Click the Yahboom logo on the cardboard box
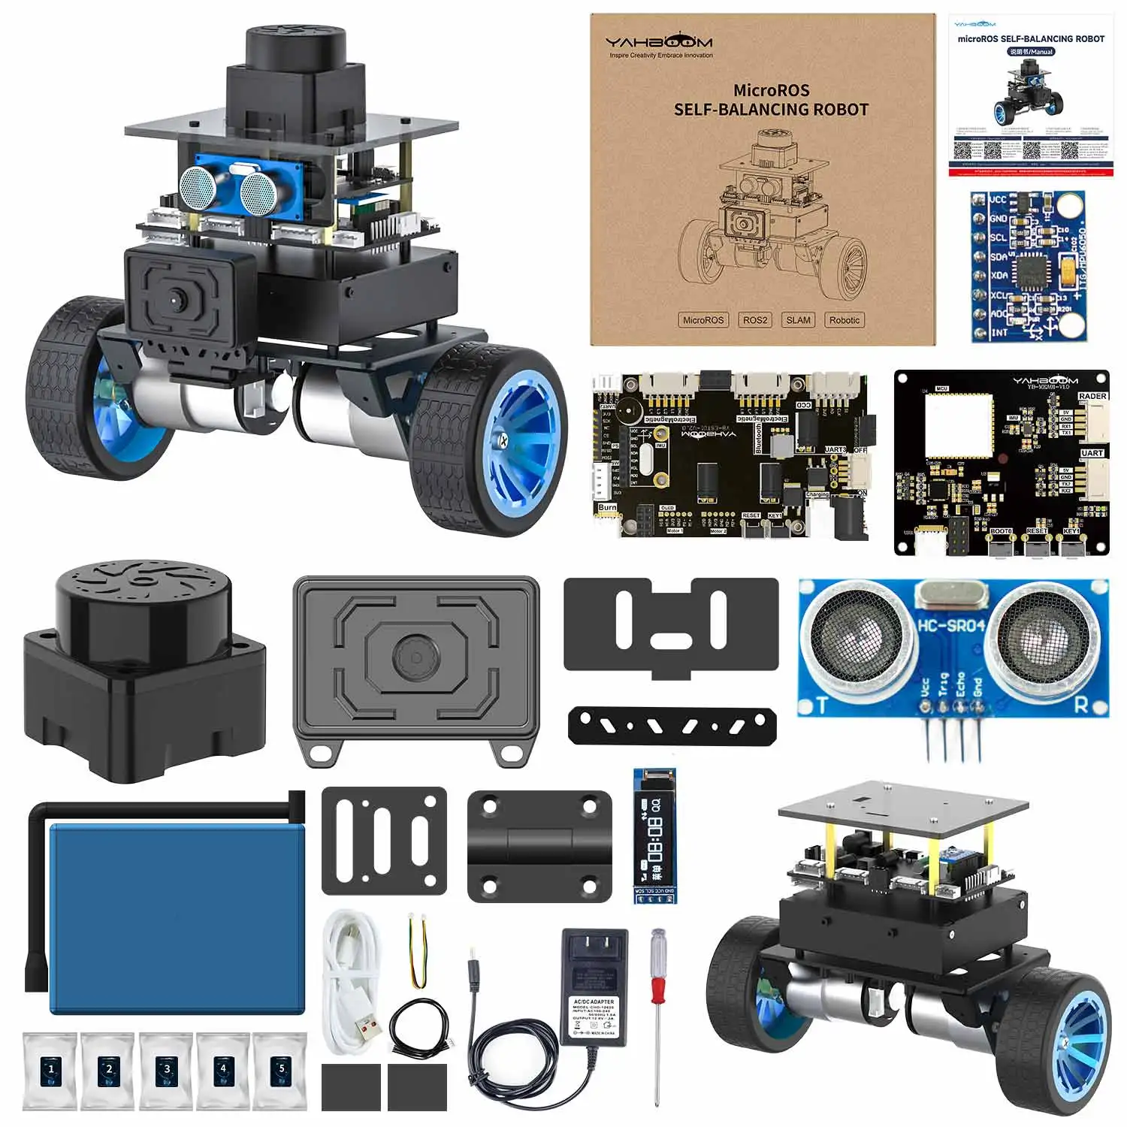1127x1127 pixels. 659,43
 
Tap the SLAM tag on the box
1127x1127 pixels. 798,320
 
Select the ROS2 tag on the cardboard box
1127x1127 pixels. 755,320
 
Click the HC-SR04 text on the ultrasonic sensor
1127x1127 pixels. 950,625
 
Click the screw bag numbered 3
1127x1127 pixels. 167,1071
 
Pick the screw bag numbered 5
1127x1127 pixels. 281,1071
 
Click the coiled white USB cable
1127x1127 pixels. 352,977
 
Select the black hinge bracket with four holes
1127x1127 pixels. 539,845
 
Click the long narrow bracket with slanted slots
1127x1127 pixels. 672,726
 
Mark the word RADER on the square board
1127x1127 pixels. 1092,396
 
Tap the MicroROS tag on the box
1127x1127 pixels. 703,320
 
